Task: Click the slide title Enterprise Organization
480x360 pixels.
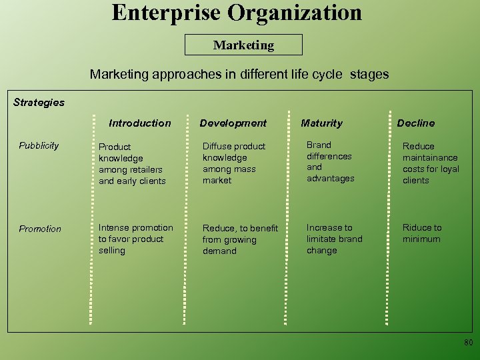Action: click(237, 13)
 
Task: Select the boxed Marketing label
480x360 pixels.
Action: click(243, 45)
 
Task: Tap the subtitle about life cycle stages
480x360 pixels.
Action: click(239, 74)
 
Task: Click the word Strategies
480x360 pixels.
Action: click(39, 103)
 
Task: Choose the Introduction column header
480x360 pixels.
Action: click(139, 123)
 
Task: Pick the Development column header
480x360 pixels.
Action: click(233, 123)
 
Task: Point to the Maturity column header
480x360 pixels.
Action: click(321, 123)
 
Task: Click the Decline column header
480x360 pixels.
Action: click(415, 123)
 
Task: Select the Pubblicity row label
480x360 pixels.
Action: click(39, 145)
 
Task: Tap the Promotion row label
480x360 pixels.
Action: click(40, 229)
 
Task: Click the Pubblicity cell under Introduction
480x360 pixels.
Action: click(132, 163)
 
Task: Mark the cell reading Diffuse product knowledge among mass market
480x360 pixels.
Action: click(234, 163)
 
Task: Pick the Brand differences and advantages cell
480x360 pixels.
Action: click(330, 161)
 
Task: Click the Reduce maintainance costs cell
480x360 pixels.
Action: click(430, 163)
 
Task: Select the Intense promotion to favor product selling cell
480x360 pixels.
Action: click(135, 239)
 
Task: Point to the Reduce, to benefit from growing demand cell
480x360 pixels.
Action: click(240, 239)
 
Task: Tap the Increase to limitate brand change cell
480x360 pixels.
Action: click(334, 239)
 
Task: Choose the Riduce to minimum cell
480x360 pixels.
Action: click(421, 233)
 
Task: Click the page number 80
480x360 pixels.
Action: click(468, 343)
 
